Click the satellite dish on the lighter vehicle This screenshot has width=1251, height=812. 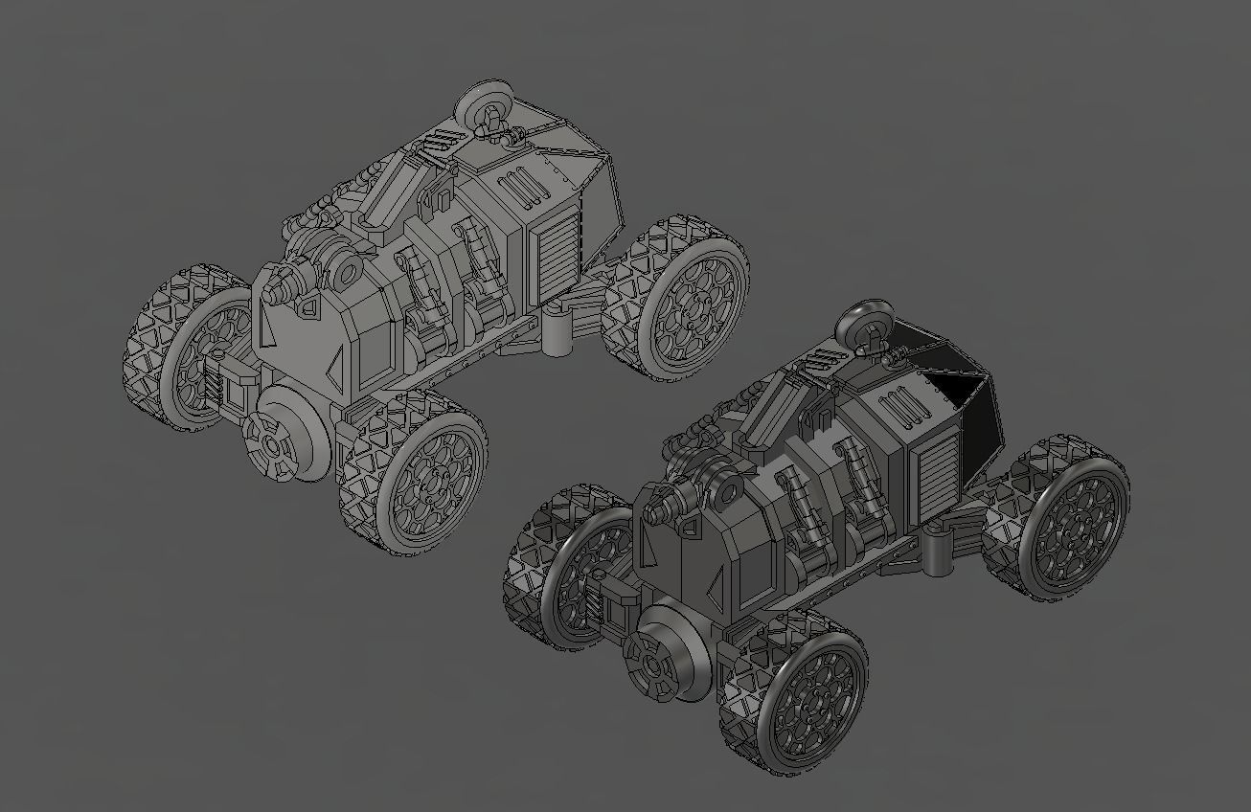476,102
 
